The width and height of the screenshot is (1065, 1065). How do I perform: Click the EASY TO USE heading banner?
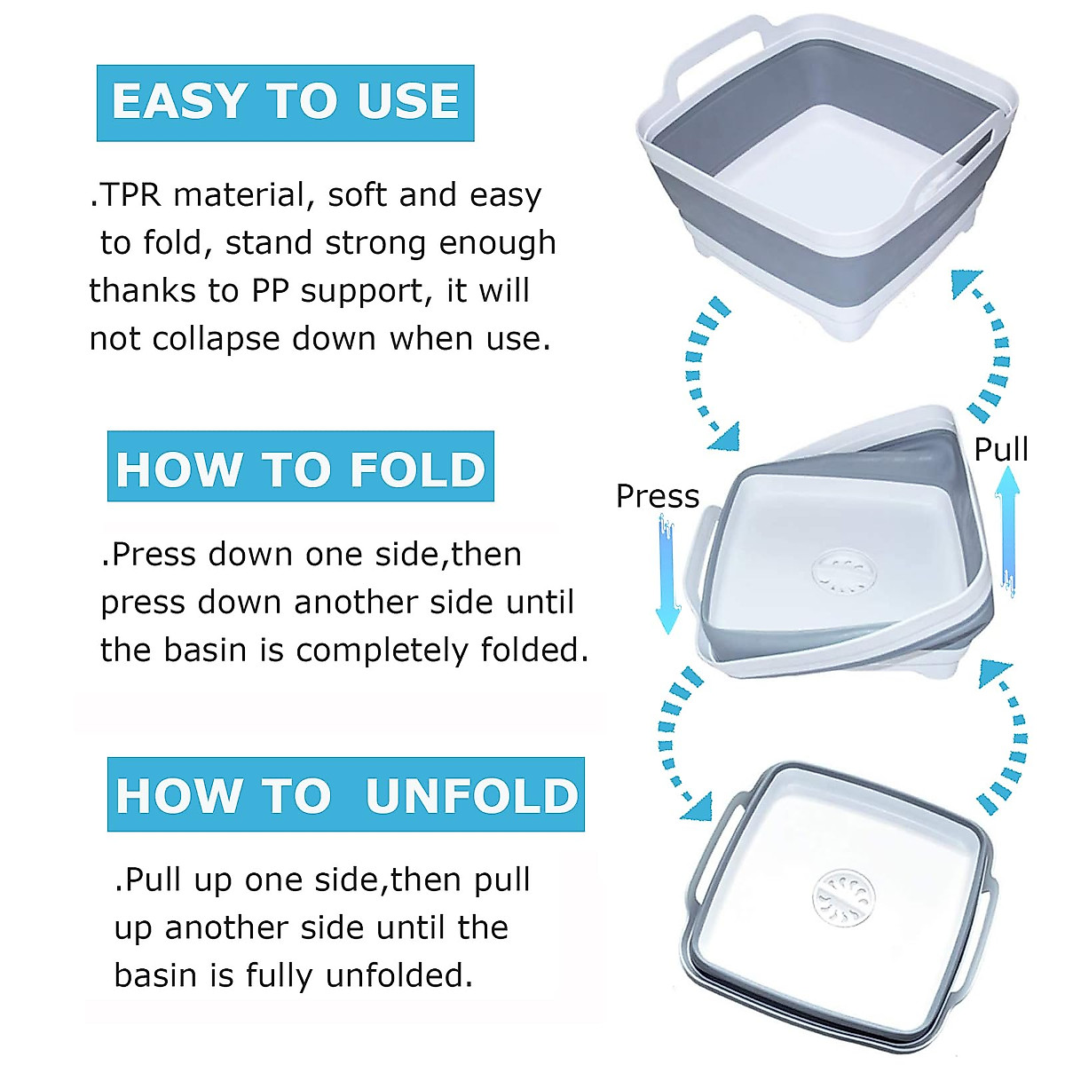point(285,102)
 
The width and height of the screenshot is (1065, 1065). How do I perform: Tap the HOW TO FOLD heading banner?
point(300,468)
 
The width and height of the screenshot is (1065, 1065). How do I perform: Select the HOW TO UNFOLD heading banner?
point(346,794)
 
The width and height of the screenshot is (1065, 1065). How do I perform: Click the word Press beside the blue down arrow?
point(658,496)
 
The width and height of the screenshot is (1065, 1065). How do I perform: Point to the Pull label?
point(1001,449)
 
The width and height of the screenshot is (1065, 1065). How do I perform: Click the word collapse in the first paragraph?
point(216,339)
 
